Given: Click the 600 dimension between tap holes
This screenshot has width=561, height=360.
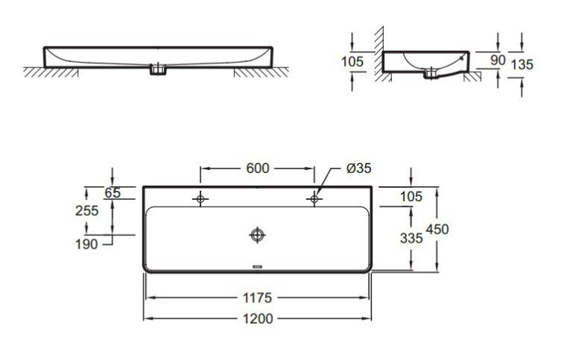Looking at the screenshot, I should tap(257, 168).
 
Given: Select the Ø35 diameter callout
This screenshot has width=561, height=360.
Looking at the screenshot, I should tap(359, 168).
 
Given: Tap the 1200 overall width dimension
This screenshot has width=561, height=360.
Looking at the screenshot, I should tap(257, 319).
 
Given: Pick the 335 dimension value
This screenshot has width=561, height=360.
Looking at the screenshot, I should tap(411, 238).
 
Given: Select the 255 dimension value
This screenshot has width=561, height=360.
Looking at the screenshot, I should tap(88, 211).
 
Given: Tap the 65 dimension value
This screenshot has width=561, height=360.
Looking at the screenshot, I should tap(112, 193).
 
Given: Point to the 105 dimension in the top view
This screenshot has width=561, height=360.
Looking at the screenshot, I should tap(411, 196).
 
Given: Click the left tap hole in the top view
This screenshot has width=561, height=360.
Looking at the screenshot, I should tap(200, 199).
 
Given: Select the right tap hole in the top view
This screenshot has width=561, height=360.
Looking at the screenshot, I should tap(314, 199).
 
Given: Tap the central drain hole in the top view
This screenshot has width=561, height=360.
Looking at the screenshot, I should tap(257, 235).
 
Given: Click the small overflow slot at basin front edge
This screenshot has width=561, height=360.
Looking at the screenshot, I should tap(257, 265).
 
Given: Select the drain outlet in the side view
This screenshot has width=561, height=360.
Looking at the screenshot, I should tap(430, 73).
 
